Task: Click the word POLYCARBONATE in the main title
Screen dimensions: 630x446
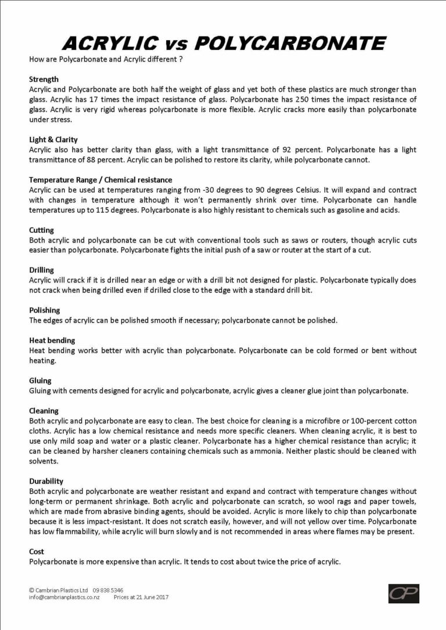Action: (x=290, y=42)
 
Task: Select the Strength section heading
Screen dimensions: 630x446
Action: (x=44, y=79)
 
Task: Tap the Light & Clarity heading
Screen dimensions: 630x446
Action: (x=52, y=140)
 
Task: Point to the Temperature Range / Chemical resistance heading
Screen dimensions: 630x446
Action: (x=100, y=180)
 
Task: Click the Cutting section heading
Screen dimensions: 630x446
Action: (x=41, y=230)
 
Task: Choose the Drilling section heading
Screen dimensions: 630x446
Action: (x=41, y=270)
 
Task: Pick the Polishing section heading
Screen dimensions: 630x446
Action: (x=44, y=310)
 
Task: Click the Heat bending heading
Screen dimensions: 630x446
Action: (x=52, y=341)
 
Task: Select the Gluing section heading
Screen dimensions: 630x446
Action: (x=40, y=381)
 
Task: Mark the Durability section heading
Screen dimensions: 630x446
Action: (x=46, y=481)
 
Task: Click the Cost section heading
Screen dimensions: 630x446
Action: (x=36, y=551)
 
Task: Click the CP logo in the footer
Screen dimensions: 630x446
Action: (x=403, y=593)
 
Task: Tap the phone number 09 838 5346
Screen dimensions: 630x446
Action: (x=107, y=589)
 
